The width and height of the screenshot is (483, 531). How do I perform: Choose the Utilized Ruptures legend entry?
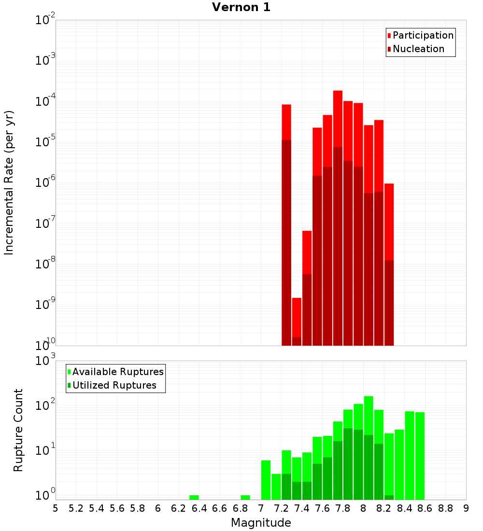pyautogui.click(x=114, y=385)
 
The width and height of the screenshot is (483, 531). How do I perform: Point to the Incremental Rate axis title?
pyautogui.click(x=9, y=182)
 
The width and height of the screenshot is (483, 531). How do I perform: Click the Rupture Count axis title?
pyautogui.click(x=18, y=430)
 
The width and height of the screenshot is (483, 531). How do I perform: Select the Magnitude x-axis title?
pyautogui.click(x=261, y=522)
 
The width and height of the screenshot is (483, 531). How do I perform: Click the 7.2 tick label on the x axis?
pyautogui.click(x=281, y=508)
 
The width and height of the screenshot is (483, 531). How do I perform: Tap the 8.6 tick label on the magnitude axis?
pyautogui.click(x=425, y=508)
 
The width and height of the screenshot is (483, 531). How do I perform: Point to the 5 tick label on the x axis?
pyautogui.click(x=56, y=508)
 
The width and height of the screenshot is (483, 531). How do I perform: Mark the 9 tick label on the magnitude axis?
pyautogui.click(x=466, y=508)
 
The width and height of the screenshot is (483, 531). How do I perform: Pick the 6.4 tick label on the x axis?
pyautogui.click(x=199, y=508)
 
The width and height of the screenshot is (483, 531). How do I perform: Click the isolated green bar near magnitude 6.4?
pyautogui.click(x=194, y=497)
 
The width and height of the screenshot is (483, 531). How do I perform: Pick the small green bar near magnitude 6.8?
pyautogui.click(x=245, y=497)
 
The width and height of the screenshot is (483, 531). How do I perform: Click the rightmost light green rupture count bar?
pyautogui.click(x=420, y=454)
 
